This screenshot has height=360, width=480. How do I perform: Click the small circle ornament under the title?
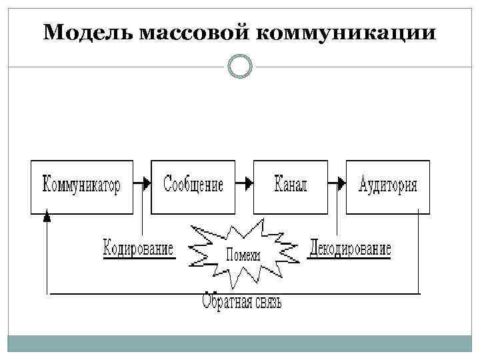click(x=240, y=67)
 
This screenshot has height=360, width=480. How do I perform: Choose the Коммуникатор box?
click(x=81, y=186)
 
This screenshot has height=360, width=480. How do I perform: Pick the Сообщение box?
click(x=193, y=186)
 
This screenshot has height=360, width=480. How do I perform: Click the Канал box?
click(x=291, y=186)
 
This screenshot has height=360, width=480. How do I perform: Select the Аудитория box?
click(x=388, y=186)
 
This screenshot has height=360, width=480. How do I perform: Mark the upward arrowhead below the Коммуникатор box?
click(x=46, y=217)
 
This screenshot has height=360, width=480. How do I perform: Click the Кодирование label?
click(x=138, y=249)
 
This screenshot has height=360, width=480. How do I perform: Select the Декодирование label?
click(x=351, y=249)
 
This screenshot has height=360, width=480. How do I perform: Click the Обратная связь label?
click(x=242, y=303)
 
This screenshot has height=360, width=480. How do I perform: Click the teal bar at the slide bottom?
click(x=240, y=344)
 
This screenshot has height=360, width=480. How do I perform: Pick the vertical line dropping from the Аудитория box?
click(x=419, y=253)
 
